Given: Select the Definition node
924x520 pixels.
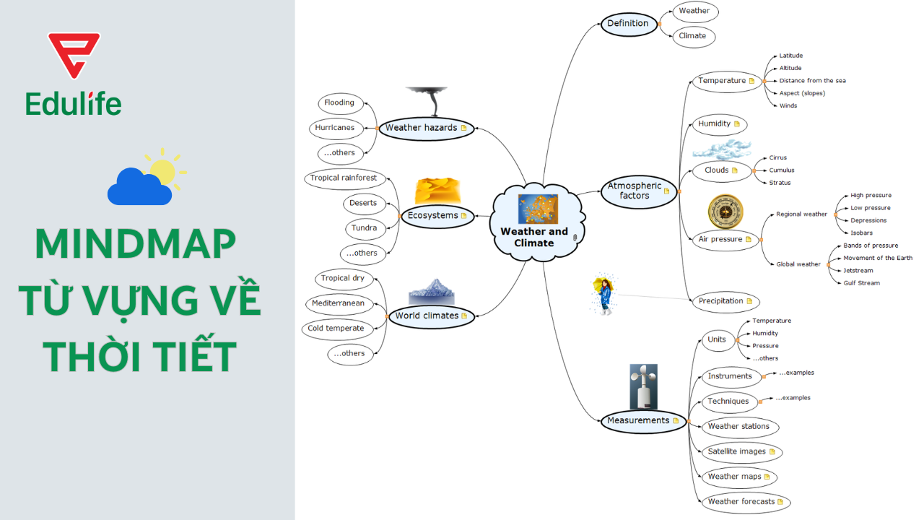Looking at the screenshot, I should (x=628, y=23).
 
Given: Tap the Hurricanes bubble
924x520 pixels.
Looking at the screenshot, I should (x=334, y=128).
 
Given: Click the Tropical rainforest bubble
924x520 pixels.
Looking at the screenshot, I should (x=344, y=178).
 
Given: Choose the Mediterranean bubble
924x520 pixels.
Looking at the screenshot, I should (x=338, y=303).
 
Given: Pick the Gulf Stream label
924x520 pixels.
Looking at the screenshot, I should (x=861, y=283).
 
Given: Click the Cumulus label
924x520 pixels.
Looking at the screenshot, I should (x=781, y=170).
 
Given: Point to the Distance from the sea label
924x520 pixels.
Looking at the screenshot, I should (x=812, y=81).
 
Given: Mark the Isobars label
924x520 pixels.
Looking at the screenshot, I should (x=861, y=233).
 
